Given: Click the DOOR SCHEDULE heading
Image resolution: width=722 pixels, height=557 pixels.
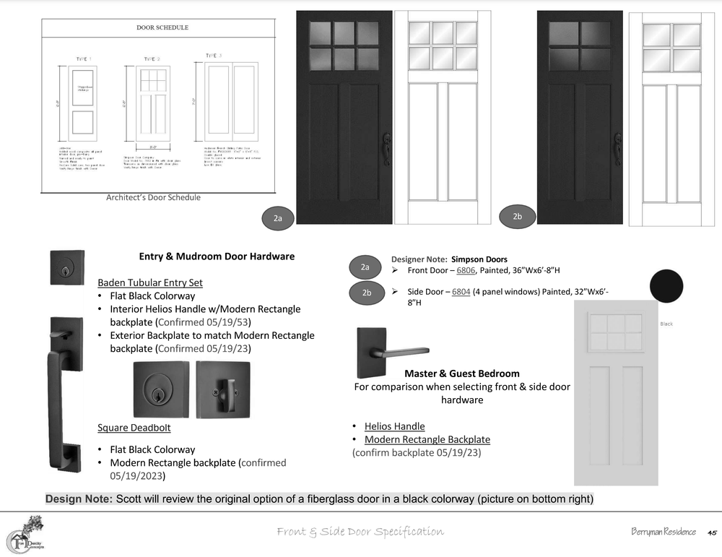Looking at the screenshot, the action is [x=162, y=28].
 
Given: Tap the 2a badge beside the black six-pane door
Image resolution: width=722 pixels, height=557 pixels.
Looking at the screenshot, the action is [x=278, y=217].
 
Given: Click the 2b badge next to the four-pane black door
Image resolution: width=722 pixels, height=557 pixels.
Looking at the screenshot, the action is [x=517, y=217].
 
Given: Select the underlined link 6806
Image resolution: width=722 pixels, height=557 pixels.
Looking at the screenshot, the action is [x=466, y=270].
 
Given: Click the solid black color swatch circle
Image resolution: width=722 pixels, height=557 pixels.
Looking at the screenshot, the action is [x=666, y=287].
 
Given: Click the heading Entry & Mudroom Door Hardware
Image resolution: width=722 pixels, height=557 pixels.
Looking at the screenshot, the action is [x=217, y=256].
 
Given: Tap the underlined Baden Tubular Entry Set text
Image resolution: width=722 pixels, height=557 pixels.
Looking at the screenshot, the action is [x=150, y=282].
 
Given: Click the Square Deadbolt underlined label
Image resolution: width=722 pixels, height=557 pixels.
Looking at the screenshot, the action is [x=134, y=428].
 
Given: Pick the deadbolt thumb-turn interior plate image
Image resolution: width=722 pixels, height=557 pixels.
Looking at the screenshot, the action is [x=223, y=388].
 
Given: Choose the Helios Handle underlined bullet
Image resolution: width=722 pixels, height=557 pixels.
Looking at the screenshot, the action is [x=394, y=426].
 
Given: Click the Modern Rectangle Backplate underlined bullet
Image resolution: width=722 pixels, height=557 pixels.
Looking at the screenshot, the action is [x=427, y=439].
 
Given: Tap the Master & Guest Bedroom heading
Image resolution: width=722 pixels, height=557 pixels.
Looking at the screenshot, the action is [x=462, y=374].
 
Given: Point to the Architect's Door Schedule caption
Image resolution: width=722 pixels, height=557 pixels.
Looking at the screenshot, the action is [x=153, y=197].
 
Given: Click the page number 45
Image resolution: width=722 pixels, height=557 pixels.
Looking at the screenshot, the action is [x=711, y=532].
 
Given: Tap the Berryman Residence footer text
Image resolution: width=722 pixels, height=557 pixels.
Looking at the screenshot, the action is [x=664, y=532].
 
